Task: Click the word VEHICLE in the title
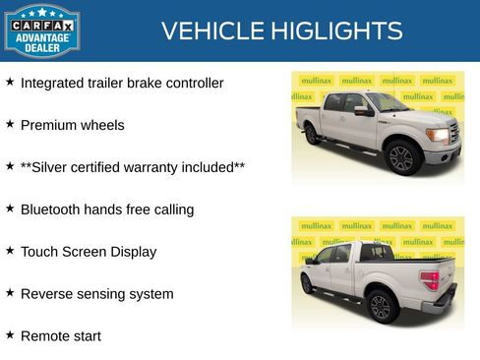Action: (205, 31)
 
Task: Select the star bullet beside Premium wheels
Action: (10, 125)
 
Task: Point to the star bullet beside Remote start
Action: (10, 335)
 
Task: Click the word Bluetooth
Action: (51, 210)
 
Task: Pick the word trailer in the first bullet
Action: (108, 84)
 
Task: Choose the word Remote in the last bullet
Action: (44, 336)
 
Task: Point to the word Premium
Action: (47, 126)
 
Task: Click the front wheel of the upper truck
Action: (400, 156)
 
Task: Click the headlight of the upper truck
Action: (438, 135)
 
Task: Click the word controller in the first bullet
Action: (189, 84)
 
